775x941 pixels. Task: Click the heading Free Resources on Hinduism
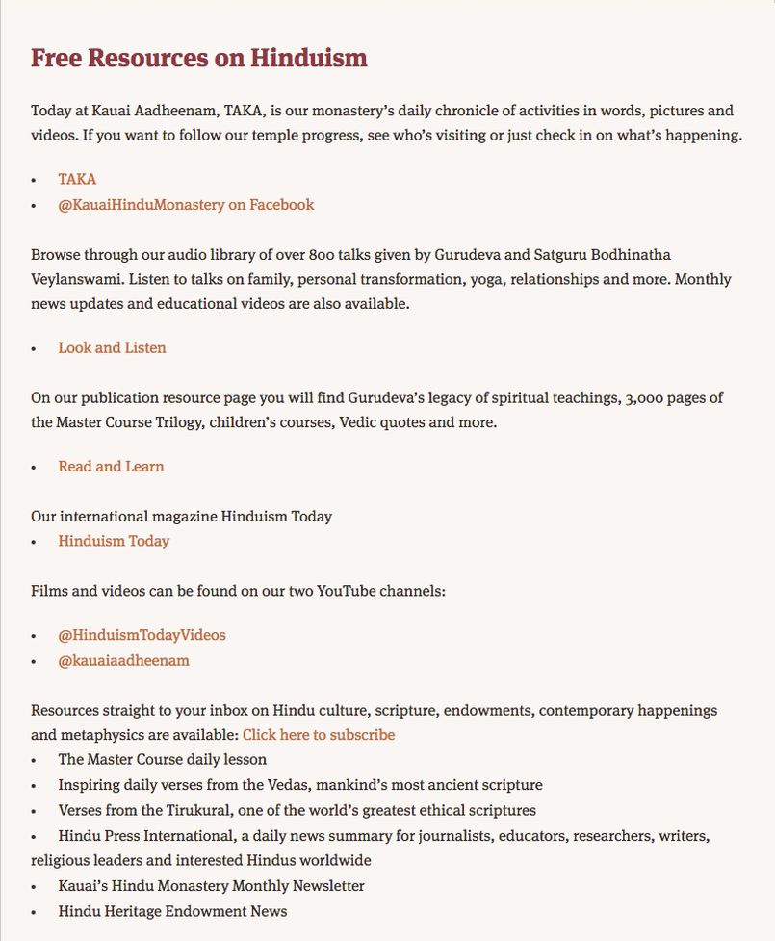198,58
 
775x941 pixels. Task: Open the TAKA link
77,179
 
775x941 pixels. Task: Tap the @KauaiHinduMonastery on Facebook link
186,204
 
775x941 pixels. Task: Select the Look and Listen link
112,347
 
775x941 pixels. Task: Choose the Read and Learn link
111,466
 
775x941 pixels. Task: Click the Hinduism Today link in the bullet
114,541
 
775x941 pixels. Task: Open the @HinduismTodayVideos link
142,635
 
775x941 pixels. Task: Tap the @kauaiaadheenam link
123,660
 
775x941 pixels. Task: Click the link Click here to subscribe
319,735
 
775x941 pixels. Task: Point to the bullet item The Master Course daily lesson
163,759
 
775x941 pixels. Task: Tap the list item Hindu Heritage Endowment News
172,910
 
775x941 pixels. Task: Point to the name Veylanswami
77,279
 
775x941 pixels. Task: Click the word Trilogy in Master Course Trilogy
175,422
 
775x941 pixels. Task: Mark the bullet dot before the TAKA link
34,180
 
